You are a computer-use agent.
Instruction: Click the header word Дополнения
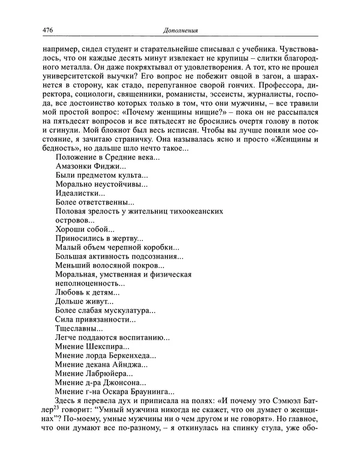tap(179, 29)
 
